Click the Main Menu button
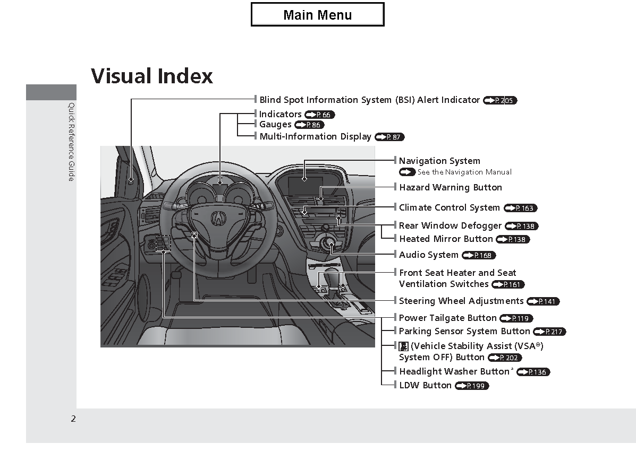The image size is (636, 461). click(x=318, y=14)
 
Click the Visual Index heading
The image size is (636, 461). click(x=152, y=76)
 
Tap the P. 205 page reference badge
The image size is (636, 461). click(x=500, y=100)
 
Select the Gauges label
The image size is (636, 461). click(x=275, y=124)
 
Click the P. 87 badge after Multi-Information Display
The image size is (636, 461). click(x=390, y=137)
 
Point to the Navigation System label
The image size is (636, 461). click(x=439, y=161)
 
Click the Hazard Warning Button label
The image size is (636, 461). click(x=451, y=187)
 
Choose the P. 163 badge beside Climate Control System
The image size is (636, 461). click(x=520, y=208)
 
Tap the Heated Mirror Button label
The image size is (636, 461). click(x=446, y=239)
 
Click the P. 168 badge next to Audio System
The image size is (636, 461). click(x=479, y=255)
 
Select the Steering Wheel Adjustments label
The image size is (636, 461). click(x=461, y=301)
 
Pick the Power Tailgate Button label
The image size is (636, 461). click(x=448, y=318)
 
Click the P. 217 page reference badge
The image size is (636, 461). click(x=549, y=332)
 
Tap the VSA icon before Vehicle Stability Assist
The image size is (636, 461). click(x=404, y=346)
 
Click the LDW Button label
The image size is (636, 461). click(x=425, y=385)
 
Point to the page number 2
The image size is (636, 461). click(x=73, y=419)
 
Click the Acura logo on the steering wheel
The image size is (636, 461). click(x=218, y=219)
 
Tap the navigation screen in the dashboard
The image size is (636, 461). click(x=305, y=185)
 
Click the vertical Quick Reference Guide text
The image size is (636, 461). click(x=71, y=142)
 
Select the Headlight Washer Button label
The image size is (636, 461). click(x=454, y=371)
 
